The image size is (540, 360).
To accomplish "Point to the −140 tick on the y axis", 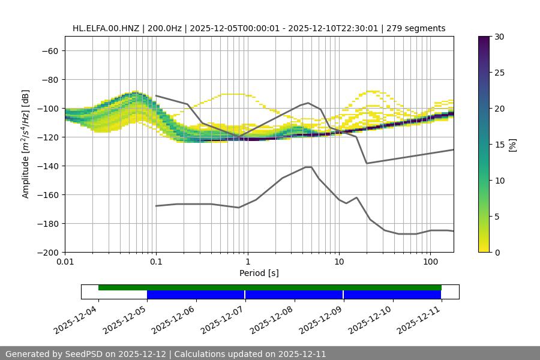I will click(x=47, y=166).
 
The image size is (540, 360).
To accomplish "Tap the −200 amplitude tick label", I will click(x=47, y=253).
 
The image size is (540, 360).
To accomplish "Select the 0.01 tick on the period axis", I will click(x=65, y=262).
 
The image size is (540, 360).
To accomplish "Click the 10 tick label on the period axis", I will click(x=339, y=262).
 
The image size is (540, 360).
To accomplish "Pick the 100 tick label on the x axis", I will click(x=430, y=262).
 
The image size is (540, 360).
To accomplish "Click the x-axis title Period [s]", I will click(x=259, y=273).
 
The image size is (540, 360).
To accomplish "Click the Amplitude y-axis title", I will click(x=26, y=144).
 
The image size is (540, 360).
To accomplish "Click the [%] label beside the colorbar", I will click(x=513, y=145).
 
